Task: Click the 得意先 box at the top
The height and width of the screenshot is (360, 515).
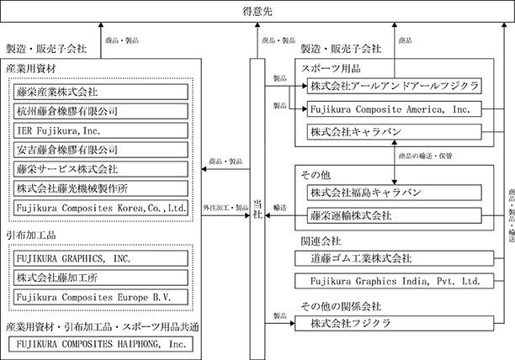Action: [x=257, y=12]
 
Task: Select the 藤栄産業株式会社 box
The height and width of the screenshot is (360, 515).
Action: [x=101, y=92]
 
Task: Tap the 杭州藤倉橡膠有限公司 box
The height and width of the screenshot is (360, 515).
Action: [x=101, y=111]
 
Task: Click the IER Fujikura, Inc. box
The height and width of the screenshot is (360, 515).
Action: [x=101, y=130]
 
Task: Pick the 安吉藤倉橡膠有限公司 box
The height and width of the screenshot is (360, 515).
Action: [x=101, y=150]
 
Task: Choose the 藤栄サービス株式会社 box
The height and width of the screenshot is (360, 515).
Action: [x=101, y=169]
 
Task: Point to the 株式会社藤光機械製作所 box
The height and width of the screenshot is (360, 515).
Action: [x=101, y=188]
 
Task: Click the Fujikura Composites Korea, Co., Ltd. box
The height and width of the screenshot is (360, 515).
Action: [x=101, y=208]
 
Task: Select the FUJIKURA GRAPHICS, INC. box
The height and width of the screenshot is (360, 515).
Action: [x=101, y=258]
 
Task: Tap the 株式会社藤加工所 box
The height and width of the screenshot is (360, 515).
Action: [x=101, y=278]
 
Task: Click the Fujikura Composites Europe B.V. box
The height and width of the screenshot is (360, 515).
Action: [x=101, y=297]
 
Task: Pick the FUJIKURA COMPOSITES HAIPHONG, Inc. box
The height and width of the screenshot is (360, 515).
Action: [x=101, y=344]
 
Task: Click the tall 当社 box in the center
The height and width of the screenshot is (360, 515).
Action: [x=257, y=209]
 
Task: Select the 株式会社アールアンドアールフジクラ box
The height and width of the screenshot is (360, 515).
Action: [x=395, y=86]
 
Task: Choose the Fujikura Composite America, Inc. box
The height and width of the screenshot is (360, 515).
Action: [x=395, y=109]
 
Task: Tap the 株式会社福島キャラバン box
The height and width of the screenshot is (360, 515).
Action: [x=395, y=193]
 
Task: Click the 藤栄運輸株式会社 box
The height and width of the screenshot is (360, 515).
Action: [x=395, y=215]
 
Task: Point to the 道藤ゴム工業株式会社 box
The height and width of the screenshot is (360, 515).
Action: [x=395, y=258]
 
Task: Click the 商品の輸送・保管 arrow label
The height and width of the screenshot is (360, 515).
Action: [x=425, y=156]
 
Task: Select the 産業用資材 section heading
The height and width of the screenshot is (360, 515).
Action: [x=31, y=69]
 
